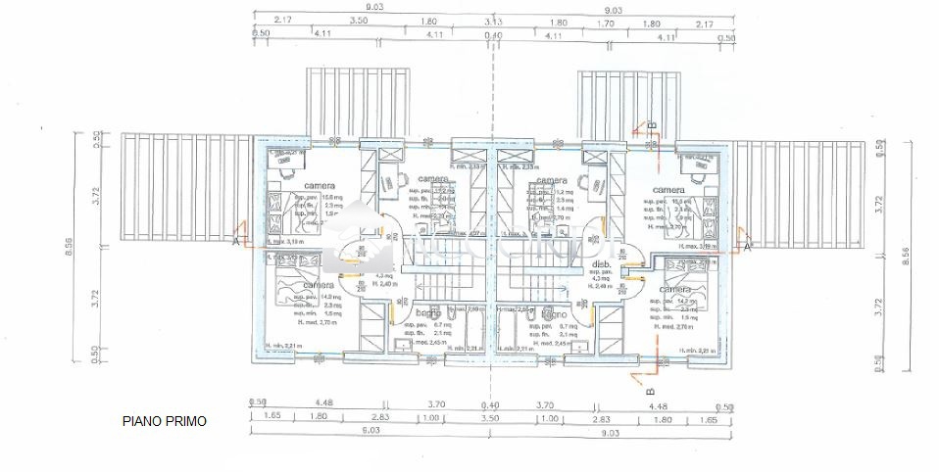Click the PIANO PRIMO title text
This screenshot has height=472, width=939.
coord(165,421)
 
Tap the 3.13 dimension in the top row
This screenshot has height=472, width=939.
coord(493,21)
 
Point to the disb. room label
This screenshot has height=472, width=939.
coord(603,265)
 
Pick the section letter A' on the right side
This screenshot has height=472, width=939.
coord(748,249)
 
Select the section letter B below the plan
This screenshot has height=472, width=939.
coord(650,391)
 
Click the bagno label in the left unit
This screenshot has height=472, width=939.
coord(426,313)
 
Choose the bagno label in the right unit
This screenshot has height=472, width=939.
coord(553,313)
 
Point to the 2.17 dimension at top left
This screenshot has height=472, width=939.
coord(284,21)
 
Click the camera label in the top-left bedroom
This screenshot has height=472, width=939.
coord(320,185)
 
